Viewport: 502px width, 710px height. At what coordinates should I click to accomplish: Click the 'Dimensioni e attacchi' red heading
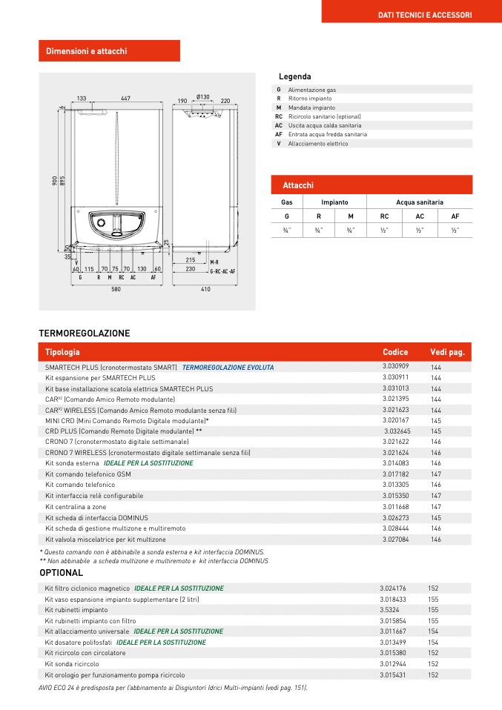pyautogui.click(x=87, y=51)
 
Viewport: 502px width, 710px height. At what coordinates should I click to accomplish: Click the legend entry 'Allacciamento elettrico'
pyautogui.click(x=318, y=144)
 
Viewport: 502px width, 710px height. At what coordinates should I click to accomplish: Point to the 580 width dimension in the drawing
pyautogui.click(x=116, y=290)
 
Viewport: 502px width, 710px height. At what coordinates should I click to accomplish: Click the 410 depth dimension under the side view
pyautogui.click(x=205, y=290)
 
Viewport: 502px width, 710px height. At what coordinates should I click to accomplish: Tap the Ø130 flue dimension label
pyautogui.click(x=203, y=97)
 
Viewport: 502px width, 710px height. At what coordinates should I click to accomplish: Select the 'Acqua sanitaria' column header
pyautogui.click(x=420, y=202)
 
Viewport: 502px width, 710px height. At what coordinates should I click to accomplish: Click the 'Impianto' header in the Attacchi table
pyautogui.click(x=334, y=202)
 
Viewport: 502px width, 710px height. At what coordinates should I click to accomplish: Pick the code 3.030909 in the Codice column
pyautogui.click(x=395, y=366)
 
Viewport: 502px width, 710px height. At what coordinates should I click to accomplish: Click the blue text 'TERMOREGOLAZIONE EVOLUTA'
pyautogui.click(x=228, y=367)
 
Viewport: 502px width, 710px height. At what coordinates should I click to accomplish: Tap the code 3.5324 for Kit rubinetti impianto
pyautogui.click(x=389, y=609)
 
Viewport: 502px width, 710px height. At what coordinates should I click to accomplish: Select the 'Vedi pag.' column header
pyautogui.click(x=447, y=352)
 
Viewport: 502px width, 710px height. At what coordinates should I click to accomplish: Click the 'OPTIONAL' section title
pyautogui.click(x=62, y=573)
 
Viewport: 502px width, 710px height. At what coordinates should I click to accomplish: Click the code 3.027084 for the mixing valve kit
pyautogui.click(x=397, y=540)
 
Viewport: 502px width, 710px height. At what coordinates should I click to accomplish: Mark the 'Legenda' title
pyautogui.click(x=294, y=77)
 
